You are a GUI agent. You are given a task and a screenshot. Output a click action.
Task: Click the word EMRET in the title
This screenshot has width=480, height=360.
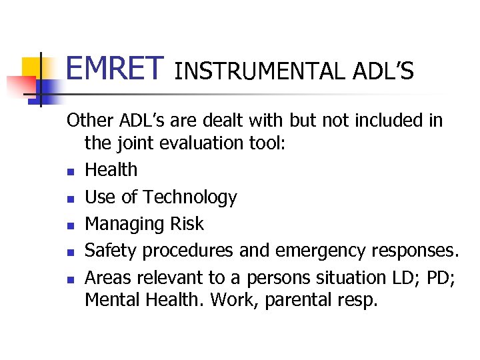[x=115, y=68]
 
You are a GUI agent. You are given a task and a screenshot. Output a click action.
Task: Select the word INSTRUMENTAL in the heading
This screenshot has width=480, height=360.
[x=257, y=71]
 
